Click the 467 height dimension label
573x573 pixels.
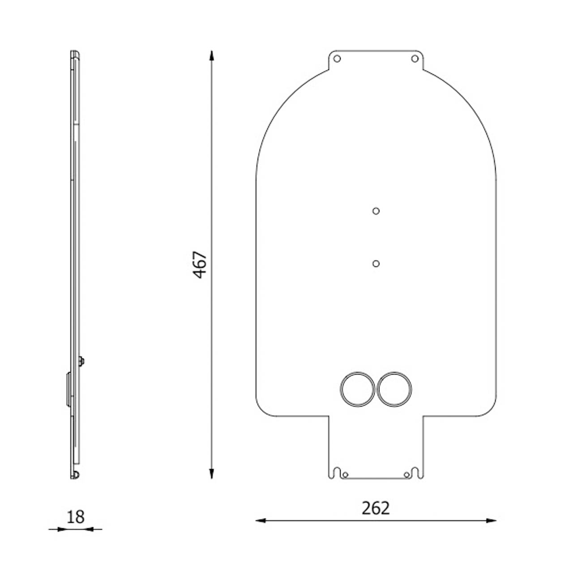click(200, 265)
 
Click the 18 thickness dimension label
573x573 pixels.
click(76, 517)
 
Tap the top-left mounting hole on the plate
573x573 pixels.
click(337, 59)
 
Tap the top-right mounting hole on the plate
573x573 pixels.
click(415, 59)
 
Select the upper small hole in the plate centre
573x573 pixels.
click(376, 211)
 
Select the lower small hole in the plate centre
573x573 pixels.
click(376, 264)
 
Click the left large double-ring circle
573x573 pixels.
click(357, 389)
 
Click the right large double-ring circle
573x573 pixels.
click(394, 389)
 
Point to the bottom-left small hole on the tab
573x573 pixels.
click(345, 475)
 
